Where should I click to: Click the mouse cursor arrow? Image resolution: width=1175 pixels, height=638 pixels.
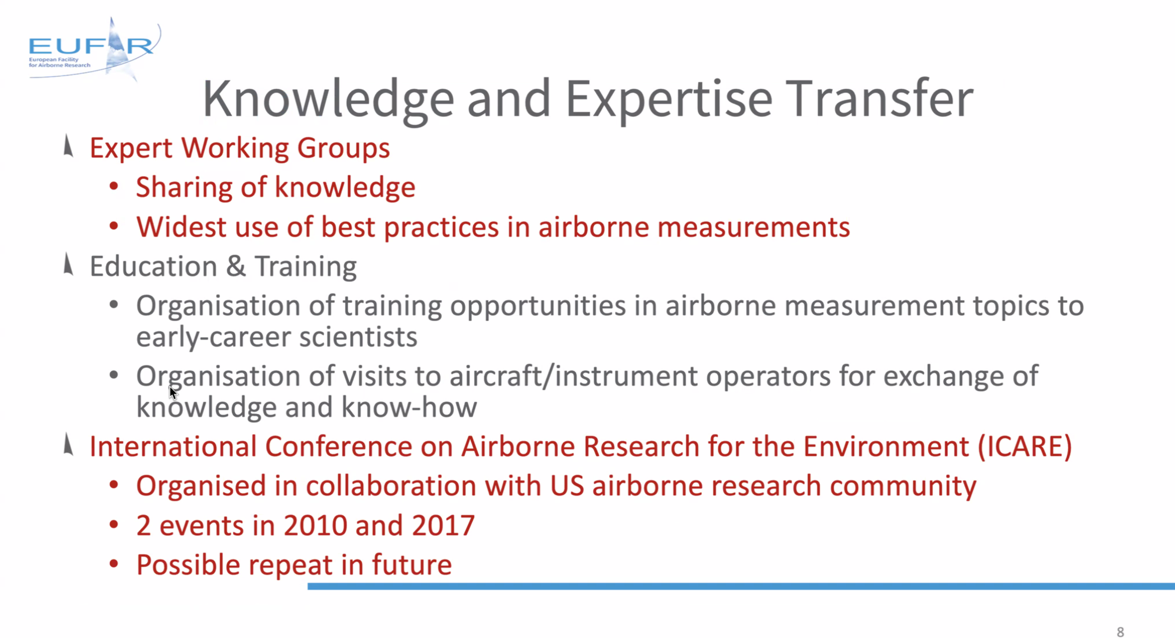[173, 393]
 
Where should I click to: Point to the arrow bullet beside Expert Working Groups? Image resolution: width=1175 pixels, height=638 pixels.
[68, 146]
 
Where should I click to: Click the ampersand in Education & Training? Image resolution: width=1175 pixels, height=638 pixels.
[236, 266]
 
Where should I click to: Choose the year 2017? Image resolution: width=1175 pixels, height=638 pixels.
[443, 526]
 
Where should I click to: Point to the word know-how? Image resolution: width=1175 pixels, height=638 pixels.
[409, 407]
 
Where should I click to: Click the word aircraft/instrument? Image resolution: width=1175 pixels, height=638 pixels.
[574, 376]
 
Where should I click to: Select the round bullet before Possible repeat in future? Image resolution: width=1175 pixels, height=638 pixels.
[114, 564]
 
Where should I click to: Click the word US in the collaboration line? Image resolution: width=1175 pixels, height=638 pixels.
[567, 486]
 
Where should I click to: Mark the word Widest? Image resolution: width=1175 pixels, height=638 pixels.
[181, 227]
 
